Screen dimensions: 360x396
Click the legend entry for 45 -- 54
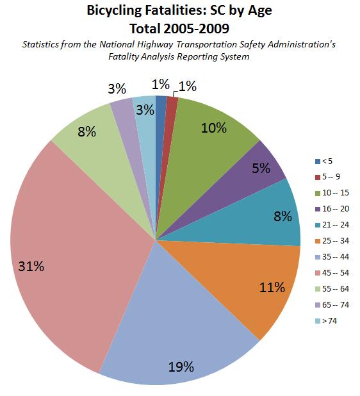click(x=332, y=273)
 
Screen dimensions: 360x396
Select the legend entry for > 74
click(x=326, y=321)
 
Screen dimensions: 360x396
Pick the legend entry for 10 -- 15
click(x=332, y=193)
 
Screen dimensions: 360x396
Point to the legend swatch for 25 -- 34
click(x=318, y=241)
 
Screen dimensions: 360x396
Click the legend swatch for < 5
click(x=318, y=161)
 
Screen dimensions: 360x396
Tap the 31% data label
click(x=31, y=266)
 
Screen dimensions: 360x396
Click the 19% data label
click(x=181, y=367)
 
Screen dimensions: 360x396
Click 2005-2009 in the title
click(x=197, y=29)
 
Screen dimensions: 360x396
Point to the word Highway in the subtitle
click(x=155, y=45)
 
